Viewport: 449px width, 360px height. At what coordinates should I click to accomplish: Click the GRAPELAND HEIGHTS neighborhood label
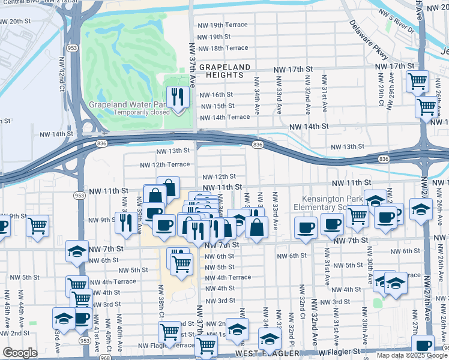click(x=221, y=71)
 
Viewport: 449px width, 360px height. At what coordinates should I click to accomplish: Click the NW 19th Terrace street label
click(x=222, y=25)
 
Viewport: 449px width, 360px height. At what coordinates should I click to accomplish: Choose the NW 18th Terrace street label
click(x=222, y=48)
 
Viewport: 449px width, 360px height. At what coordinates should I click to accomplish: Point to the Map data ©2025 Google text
click(x=411, y=355)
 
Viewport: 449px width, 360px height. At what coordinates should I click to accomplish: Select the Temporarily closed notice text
click(x=127, y=112)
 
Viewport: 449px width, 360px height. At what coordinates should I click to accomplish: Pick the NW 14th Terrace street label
click(x=224, y=117)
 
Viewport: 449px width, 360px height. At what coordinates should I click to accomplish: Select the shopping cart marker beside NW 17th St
click(x=417, y=81)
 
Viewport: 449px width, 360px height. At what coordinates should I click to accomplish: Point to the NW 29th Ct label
click(x=380, y=90)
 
